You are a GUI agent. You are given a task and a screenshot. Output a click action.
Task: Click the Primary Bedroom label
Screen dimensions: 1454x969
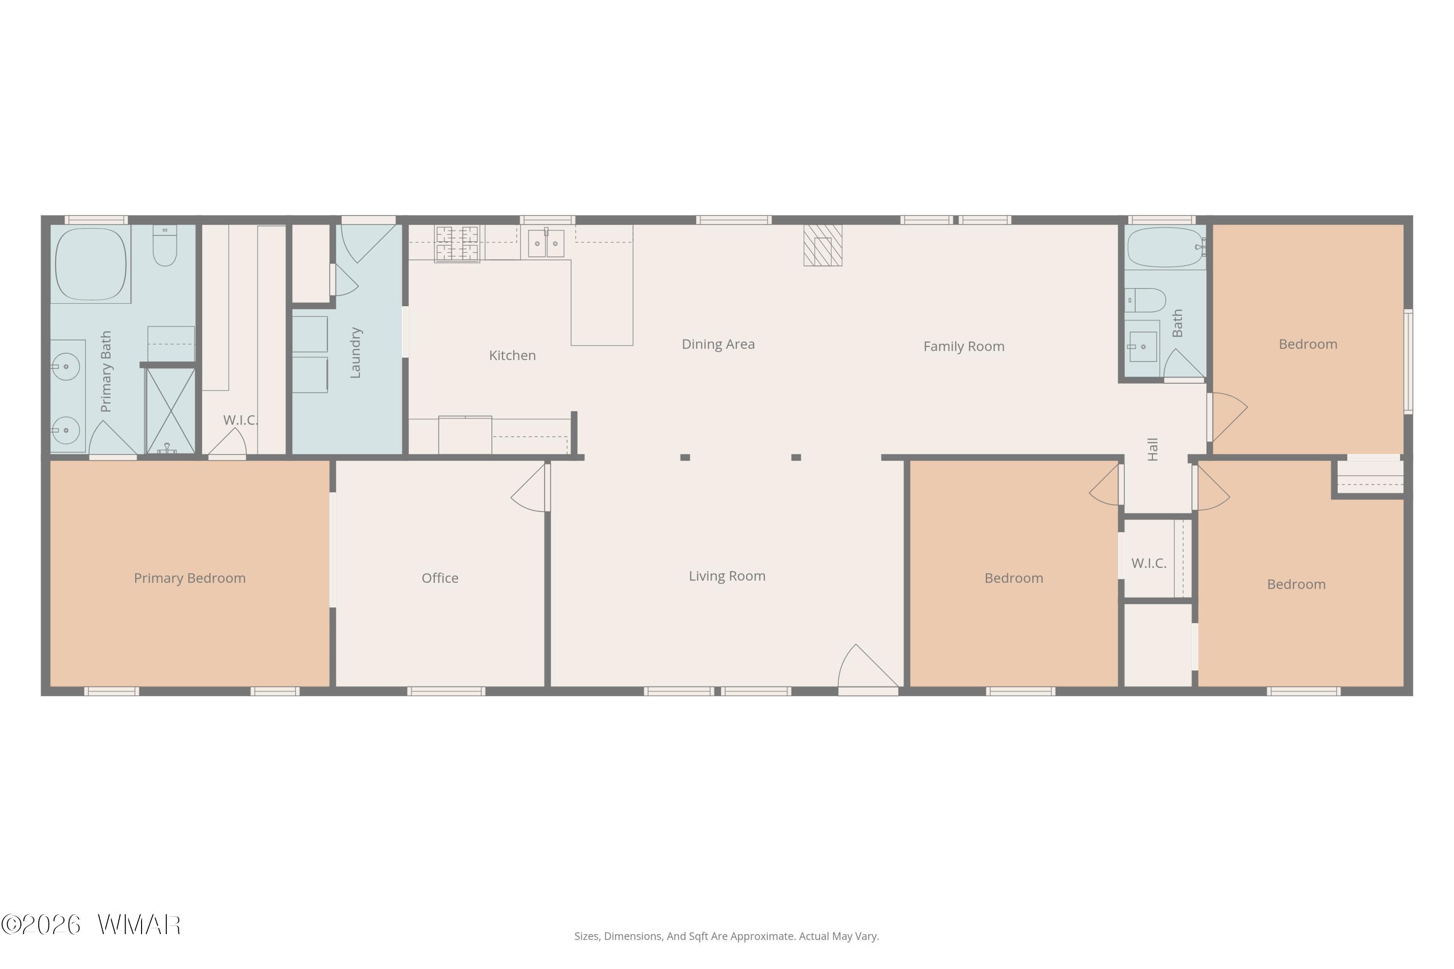tap(190, 578)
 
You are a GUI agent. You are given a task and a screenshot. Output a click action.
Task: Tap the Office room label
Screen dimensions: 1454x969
tap(440, 578)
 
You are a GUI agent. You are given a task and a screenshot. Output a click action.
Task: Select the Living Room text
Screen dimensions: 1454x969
tap(727, 577)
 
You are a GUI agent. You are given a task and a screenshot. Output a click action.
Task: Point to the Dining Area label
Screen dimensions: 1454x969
tap(718, 344)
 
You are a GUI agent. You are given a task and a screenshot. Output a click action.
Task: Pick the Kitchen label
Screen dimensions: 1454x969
tap(512, 355)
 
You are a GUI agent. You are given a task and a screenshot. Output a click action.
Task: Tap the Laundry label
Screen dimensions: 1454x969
tap(355, 353)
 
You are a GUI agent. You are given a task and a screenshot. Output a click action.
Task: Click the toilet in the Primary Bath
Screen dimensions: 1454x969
tap(164, 245)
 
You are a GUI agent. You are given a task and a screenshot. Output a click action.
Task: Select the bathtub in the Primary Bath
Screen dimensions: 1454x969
tap(91, 264)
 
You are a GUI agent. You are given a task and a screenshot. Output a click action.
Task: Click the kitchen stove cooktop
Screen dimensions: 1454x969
tap(457, 244)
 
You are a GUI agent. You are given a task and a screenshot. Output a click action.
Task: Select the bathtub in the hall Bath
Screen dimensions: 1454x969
tap(1165, 247)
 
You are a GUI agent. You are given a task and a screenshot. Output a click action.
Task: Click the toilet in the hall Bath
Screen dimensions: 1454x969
tap(1145, 300)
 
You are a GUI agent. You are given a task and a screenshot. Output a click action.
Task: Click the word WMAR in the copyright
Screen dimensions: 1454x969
tap(139, 925)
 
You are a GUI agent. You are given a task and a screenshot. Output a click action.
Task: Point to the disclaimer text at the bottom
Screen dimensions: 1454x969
tap(727, 936)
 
